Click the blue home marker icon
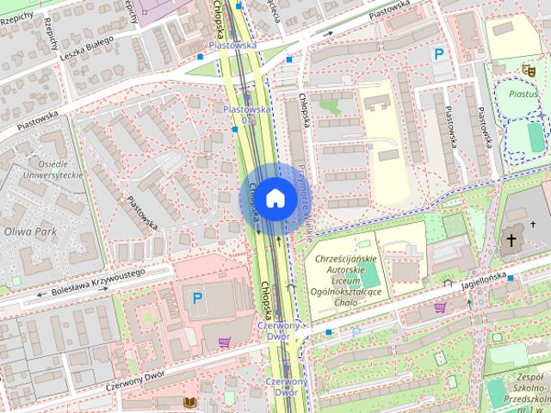(x=275, y=199)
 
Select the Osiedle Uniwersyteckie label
(x=53, y=169)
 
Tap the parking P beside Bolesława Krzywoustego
(x=197, y=299)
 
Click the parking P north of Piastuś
(x=439, y=54)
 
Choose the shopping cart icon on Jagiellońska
(x=440, y=307)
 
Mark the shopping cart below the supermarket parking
(x=225, y=342)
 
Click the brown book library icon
(x=189, y=402)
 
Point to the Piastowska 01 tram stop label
(x=246, y=114)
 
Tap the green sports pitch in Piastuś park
(x=536, y=136)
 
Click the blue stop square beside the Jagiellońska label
(x=511, y=278)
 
